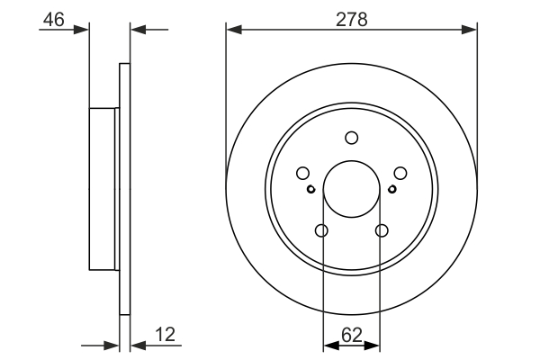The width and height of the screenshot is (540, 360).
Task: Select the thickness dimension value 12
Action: [164, 335]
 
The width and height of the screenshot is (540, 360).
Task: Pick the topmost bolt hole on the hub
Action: [352, 138]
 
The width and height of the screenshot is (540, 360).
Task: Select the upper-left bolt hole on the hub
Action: [303, 174]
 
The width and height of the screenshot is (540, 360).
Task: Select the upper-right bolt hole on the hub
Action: [400, 174]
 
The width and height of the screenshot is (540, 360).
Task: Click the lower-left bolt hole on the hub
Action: [322, 231]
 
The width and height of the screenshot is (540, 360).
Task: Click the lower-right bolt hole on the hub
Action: [382, 231]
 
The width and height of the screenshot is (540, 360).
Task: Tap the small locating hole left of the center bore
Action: [311, 189]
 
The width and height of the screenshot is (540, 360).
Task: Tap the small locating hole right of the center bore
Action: [392, 189]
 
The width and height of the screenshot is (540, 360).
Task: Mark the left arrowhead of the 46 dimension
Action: [83, 30]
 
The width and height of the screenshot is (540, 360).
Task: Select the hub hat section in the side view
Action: [103, 188]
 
